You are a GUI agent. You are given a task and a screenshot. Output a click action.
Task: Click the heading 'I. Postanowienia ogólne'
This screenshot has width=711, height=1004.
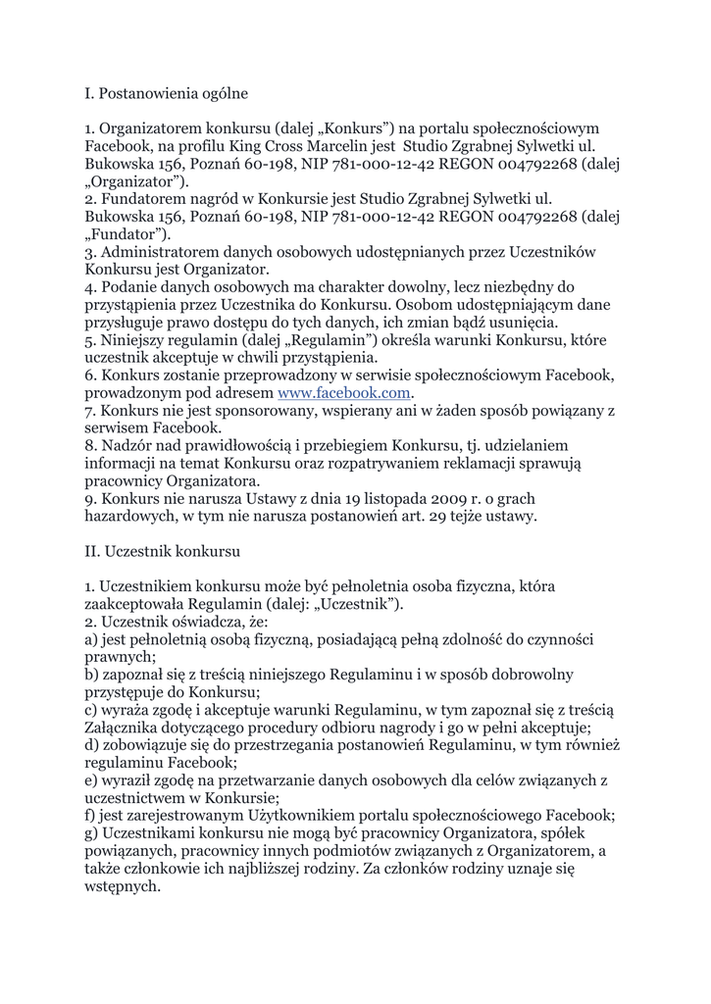[x=166, y=94]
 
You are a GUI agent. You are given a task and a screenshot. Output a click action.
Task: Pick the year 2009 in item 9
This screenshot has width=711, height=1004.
[x=458, y=498]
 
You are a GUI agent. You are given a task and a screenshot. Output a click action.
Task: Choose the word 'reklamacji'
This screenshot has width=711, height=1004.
[x=471, y=464]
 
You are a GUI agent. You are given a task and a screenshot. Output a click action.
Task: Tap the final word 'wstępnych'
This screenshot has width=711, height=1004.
[x=122, y=886]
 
